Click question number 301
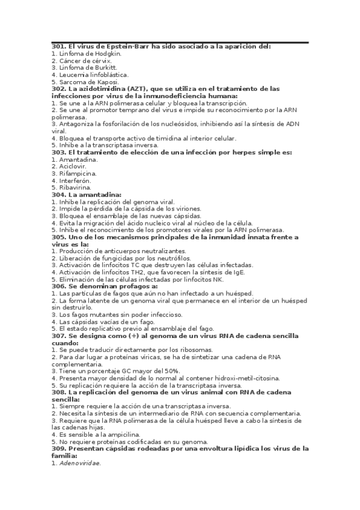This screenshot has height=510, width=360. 58,46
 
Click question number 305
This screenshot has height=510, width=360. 58,237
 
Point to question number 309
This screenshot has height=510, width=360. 58,449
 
